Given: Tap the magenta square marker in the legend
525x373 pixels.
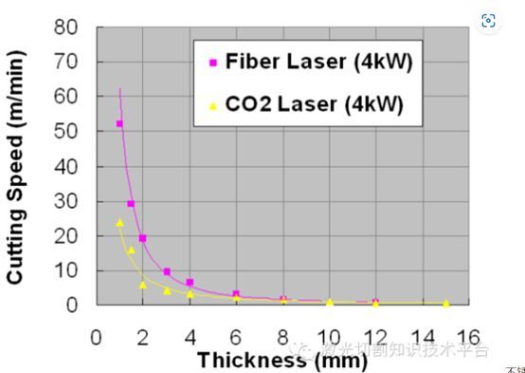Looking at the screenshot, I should (x=213, y=64).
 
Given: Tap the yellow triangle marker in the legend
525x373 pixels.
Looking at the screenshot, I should (x=213, y=105).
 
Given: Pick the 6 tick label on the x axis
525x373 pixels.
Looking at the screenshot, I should (x=235, y=337).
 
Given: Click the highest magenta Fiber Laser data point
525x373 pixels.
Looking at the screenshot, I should (x=119, y=123).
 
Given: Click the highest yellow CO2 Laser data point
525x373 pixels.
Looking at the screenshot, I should (x=119, y=223).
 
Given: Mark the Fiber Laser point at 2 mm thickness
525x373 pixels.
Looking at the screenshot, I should (x=142, y=238).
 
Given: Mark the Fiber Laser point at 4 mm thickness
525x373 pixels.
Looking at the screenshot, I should (x=190, y=282).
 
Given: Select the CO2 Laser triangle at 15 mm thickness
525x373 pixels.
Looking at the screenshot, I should (x=446, y=303).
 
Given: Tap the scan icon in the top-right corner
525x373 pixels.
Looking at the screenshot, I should (x=489, y=21).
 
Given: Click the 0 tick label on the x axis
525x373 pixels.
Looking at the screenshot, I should (x=96, y=337).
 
